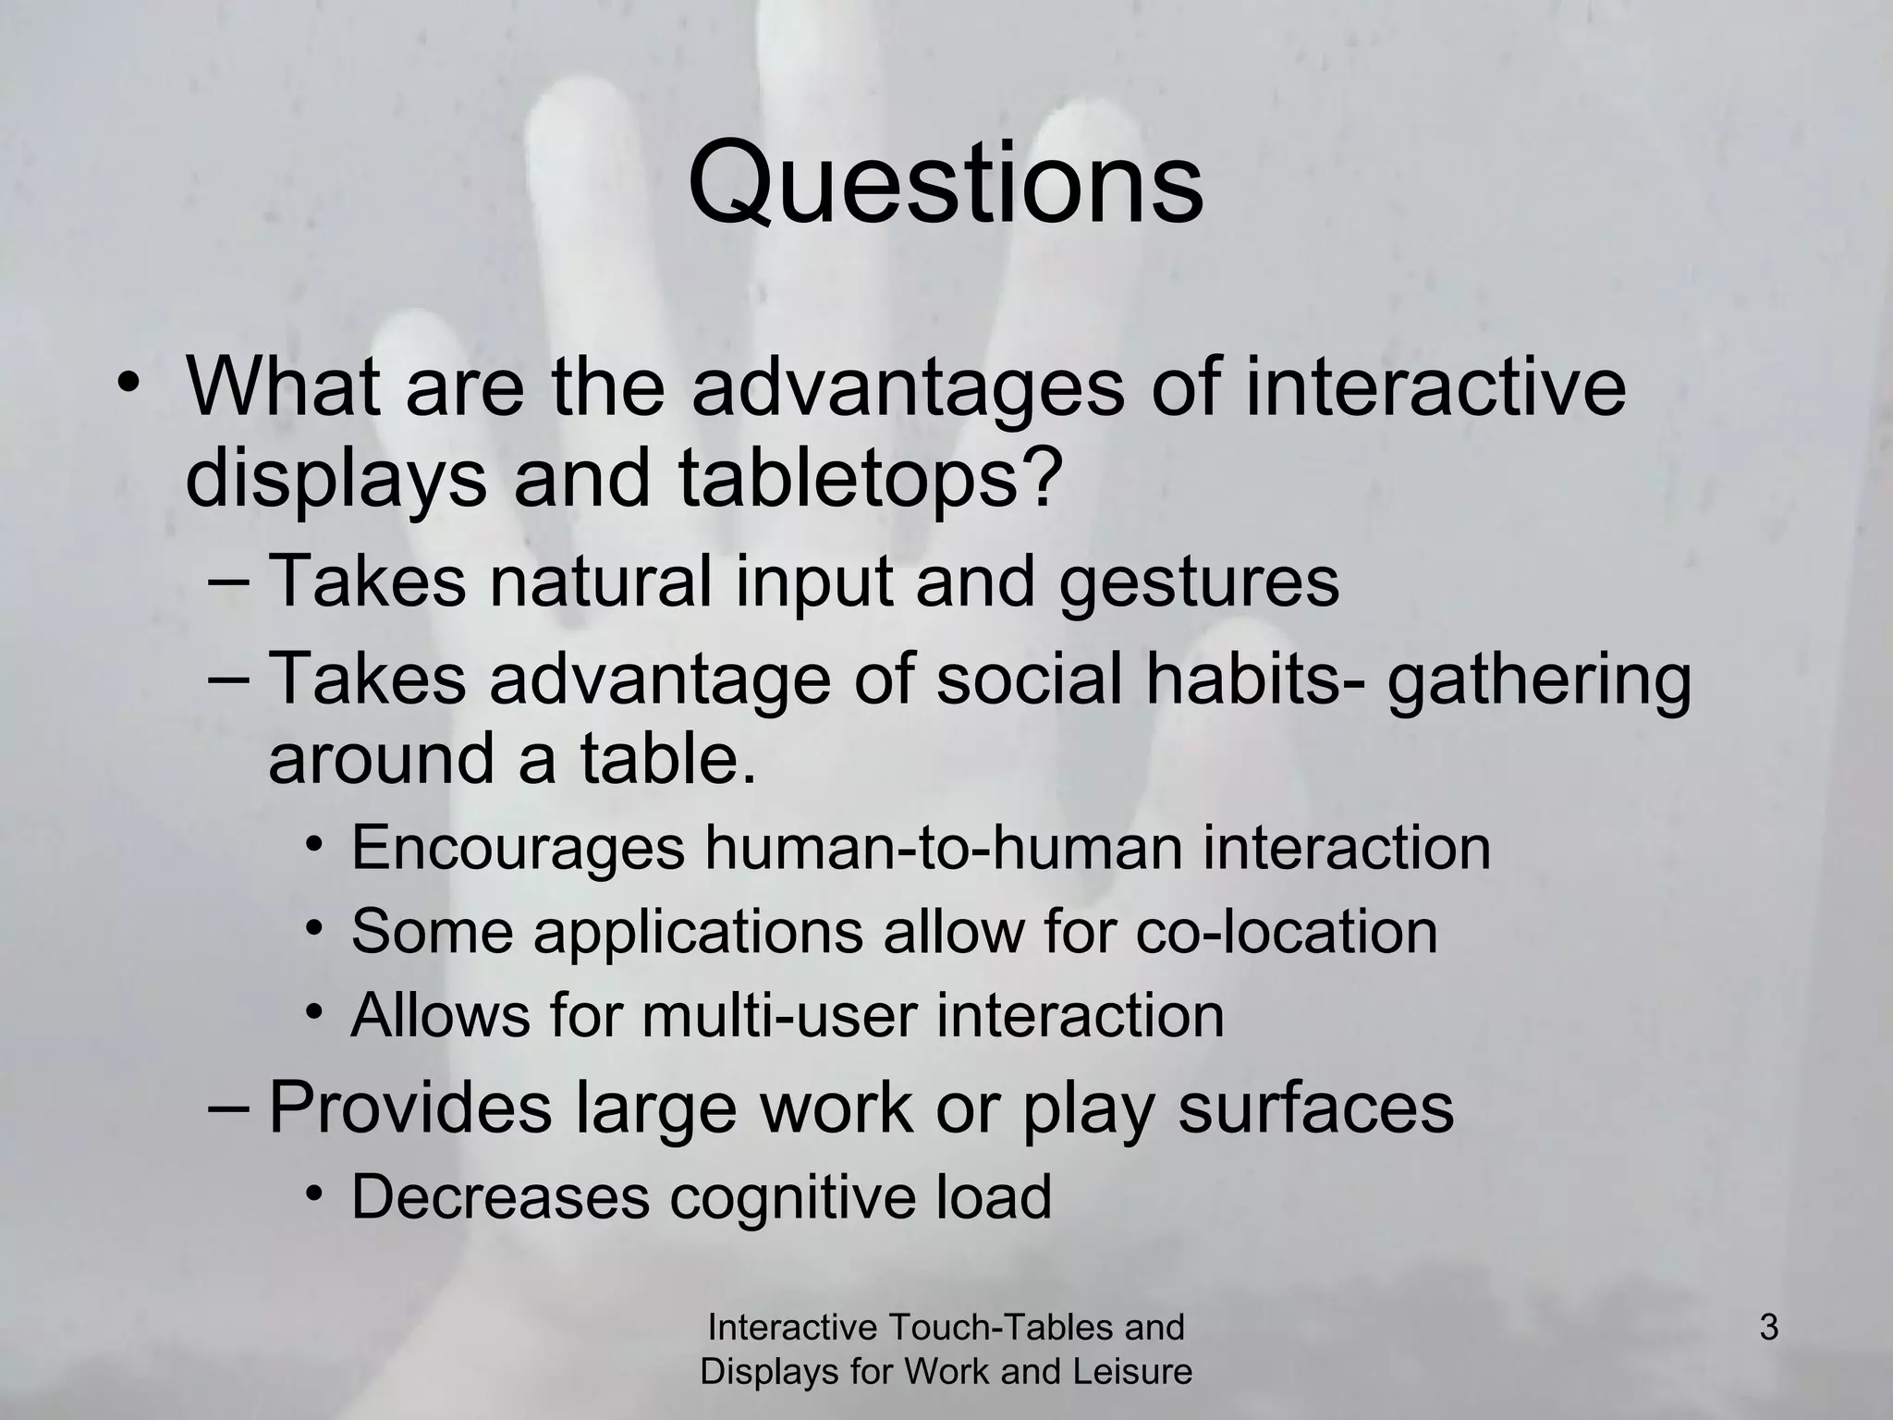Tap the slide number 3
[x=1768, y=1328]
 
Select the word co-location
[x=1286, y=931]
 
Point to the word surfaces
[x=1315, y=1108]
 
